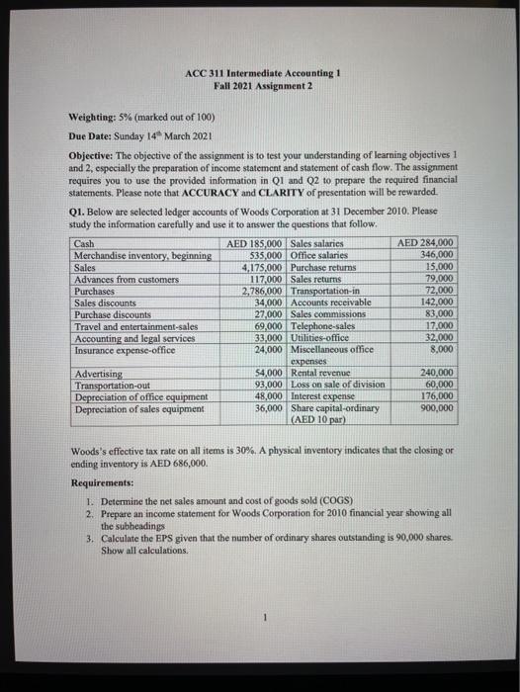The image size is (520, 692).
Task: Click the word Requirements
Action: pos(104,484)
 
